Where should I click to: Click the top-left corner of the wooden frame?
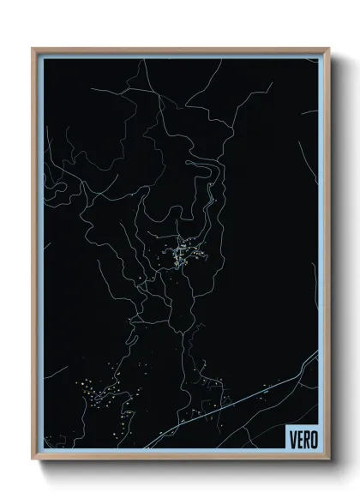pyautogui.click(x=34, y=49)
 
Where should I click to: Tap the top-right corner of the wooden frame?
pyautogui.click(x=328, y=49)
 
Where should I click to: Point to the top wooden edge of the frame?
pyautogui.click(x=180, y=49)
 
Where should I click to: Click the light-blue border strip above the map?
pyautogui.click(x=180, y=56)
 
